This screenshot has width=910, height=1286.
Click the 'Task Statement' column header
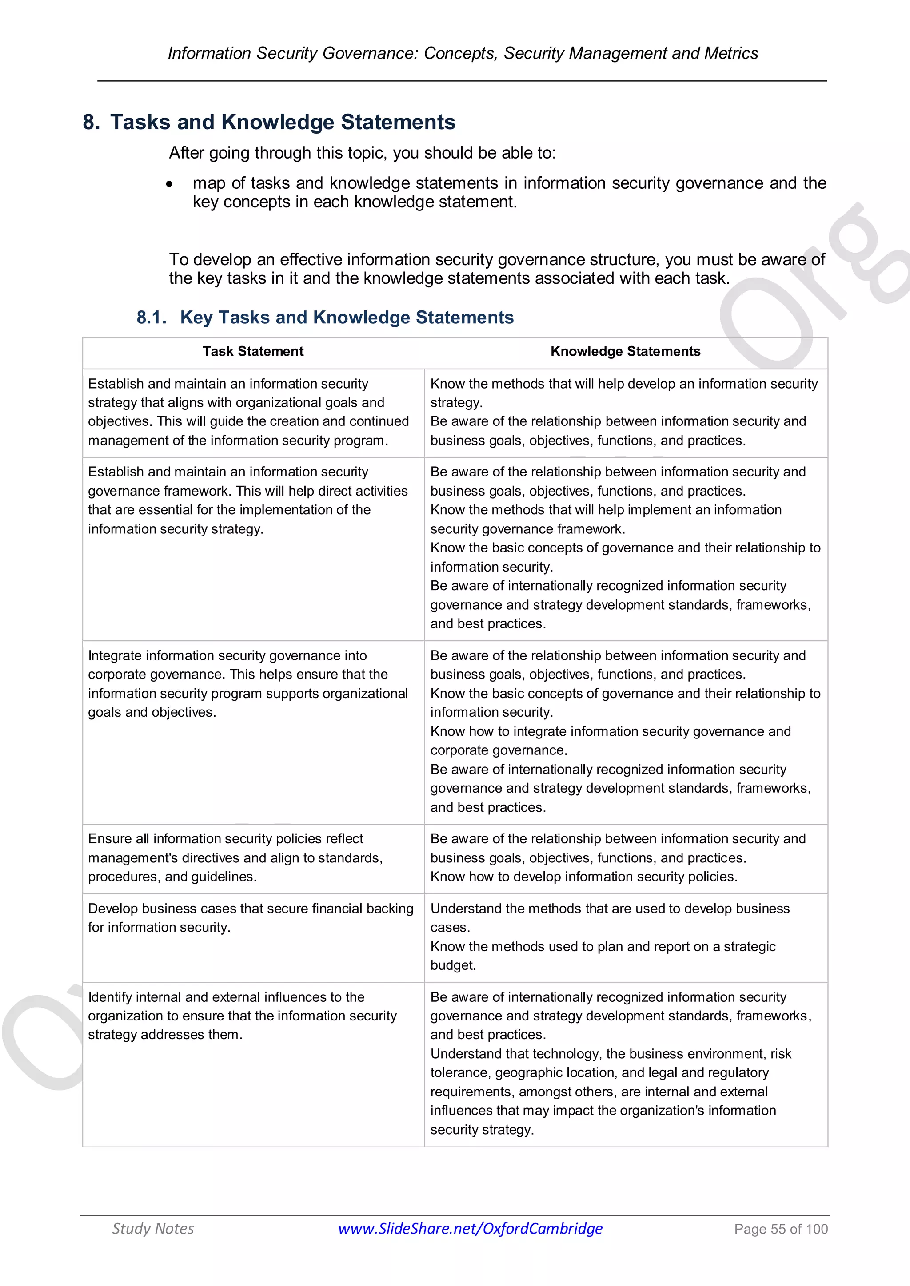(x=253, y=351)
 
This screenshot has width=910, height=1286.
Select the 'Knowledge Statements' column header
(x=625, y=351)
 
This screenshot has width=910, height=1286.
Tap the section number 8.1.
(x=151, y=318)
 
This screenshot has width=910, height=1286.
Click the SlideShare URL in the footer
(x=470, y=1228)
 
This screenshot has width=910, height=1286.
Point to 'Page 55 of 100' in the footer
(x=781, y=1229)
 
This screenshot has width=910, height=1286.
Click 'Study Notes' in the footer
(x=153, y=1228)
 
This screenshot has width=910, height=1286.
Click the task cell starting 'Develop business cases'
(x=251, y=917)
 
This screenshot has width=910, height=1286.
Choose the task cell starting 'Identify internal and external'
(x=242, y=1016)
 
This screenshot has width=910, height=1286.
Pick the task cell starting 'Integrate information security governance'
(x=247, y=683)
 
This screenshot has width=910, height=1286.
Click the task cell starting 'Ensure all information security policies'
(x=235, y=857)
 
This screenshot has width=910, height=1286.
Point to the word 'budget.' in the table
(x=453, y=965)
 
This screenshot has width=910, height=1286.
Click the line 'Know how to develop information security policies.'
(x=583, y=877)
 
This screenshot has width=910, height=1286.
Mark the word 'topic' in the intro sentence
(x=367, y=153)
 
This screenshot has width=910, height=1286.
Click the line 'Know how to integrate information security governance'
(x=610, y=731)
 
